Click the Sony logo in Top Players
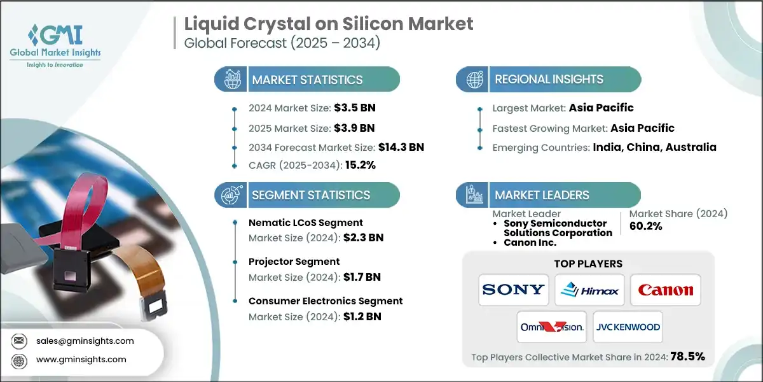click(x=513, y=290)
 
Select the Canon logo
click(x=666, y=290)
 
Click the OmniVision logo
click(x=551, y=327)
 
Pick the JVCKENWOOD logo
click(x=628, y=327)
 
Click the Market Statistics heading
click(x=307, y=80)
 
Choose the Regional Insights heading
click(x=549, y=80)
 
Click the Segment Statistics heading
click(x=311, y=195)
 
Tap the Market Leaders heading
click(x=542, y=195)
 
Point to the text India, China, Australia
click(x=655, y=146)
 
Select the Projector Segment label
click(x=294, y=262)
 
